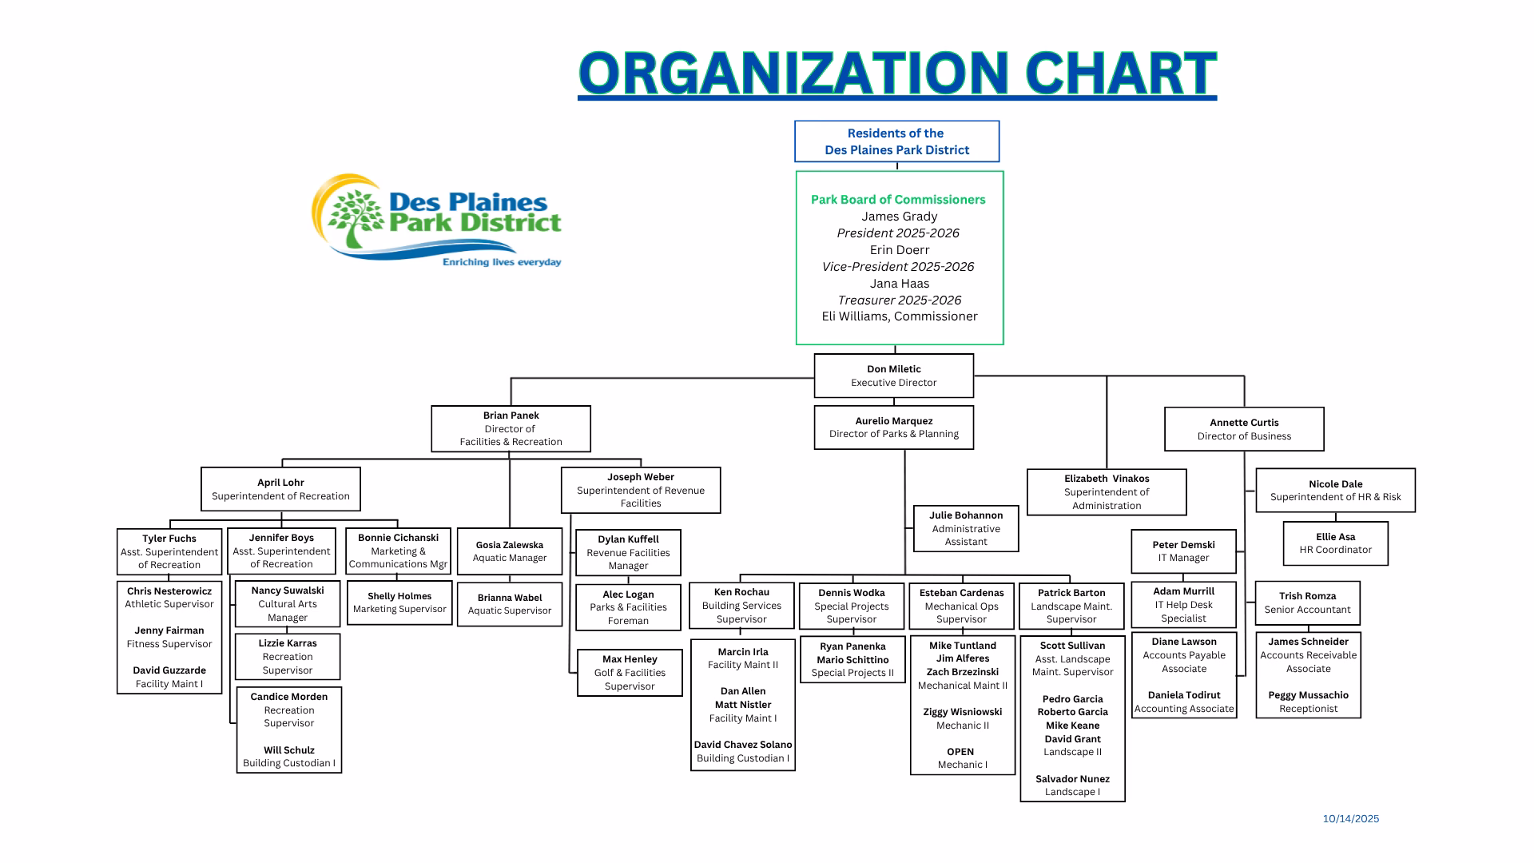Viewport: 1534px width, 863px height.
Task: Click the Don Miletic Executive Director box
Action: pos(893,376)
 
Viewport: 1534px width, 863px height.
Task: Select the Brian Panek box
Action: pos(511,428)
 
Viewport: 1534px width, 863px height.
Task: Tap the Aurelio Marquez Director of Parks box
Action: pos(893,428)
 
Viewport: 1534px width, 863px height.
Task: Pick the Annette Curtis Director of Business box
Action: pos(1243,429)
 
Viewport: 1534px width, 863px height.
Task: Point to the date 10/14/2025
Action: pos(1350,818)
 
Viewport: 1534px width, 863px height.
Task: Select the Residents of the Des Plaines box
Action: pos(896,141)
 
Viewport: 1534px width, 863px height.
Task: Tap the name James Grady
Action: pos(899,217)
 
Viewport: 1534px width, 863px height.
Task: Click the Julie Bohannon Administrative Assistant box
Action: pos(965,528)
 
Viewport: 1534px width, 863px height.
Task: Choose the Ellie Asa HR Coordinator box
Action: pos(1335,543)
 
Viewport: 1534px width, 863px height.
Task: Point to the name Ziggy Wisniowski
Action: pos(962,712)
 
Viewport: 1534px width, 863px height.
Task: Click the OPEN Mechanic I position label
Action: pos(961,758)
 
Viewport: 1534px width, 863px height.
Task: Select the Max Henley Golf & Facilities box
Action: pos(630,672)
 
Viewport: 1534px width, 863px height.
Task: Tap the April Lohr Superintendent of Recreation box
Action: pos(280,489)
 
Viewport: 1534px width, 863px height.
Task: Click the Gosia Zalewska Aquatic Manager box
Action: pos(509,551)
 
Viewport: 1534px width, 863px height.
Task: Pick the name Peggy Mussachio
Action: pos(1308,695)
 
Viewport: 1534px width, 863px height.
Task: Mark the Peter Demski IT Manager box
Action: pos(1183,551)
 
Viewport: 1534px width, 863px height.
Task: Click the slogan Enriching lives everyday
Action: pos(502,262)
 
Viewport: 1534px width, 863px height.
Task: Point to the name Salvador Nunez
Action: pos(1072,779)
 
